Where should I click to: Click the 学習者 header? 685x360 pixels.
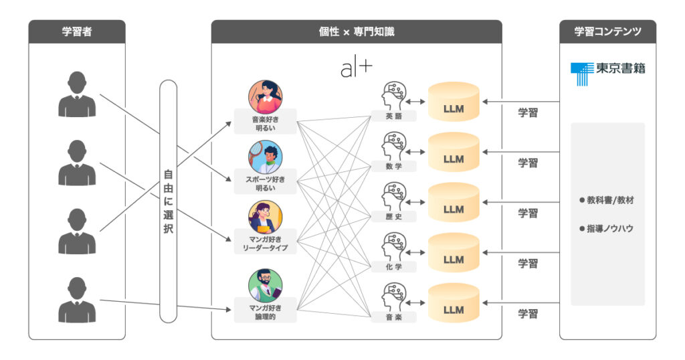pos(77,32)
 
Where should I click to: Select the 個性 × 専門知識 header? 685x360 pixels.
pos(357,32)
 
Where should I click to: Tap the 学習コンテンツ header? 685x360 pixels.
pos(607,32)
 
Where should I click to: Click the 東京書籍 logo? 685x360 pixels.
pos(607,73)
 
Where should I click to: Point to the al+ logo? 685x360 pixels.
pos(357,69)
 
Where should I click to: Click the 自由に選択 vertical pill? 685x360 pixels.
pos(168,201)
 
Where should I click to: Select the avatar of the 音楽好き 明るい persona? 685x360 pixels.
pos(265,96)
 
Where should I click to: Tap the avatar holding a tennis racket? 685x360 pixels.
pos(265,157)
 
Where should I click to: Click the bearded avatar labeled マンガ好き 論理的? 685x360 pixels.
pos(265,286)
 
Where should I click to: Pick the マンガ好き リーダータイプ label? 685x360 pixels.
pos(265,244)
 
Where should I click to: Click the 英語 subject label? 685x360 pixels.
pos(393,116)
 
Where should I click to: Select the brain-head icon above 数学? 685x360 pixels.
pos(393,147)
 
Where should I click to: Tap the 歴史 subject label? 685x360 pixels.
pos(393,217)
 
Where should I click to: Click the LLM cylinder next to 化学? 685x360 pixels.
pos(454,252)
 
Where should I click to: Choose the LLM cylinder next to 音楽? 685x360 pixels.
pos(454,302)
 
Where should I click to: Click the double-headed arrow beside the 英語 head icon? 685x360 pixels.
pos(415,102)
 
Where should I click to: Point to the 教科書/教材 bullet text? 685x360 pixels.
pos(606,200)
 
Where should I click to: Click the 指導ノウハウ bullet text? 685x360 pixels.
pos(606,228)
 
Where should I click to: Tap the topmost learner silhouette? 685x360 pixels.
pos(77,94)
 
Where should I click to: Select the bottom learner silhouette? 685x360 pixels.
pos(77,300)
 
